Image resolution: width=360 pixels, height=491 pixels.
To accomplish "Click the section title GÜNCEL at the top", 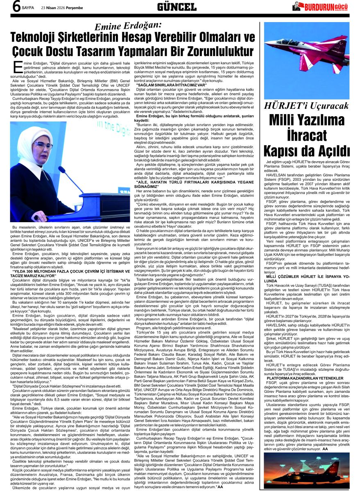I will pyautogui.click(x=177, y=7).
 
